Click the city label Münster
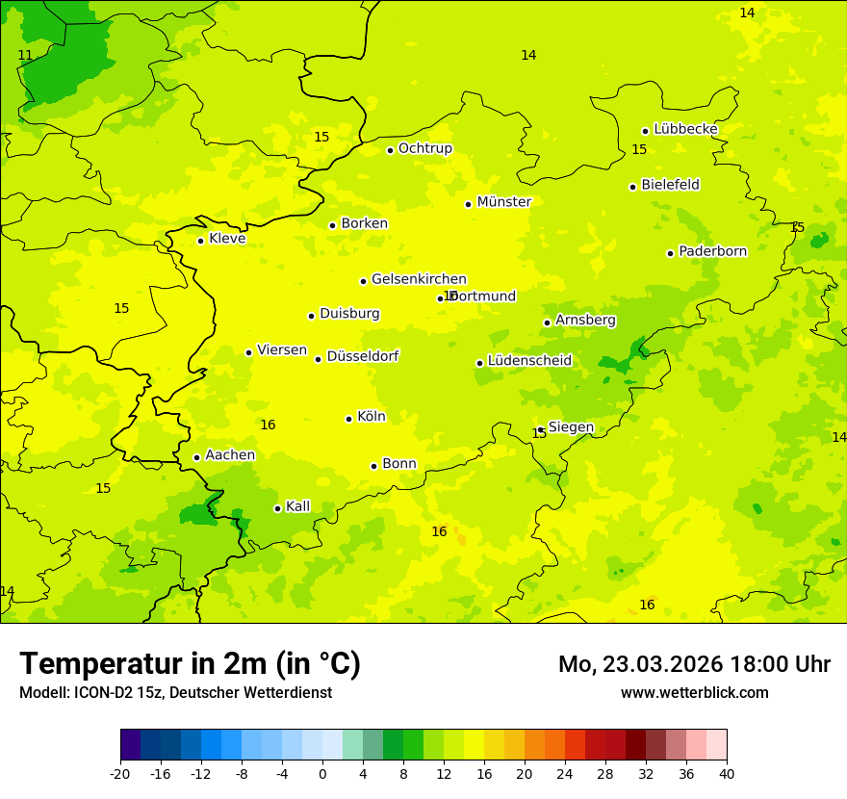pyautogui.click(x=503, y=202)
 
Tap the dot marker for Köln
pyautogui.click(x=348, y=419)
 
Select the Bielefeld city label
pyautogui.click(x=670, y=185)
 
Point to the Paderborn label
pyautogui.click(x=712, y=251)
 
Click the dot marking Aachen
pyautogui.click(x=196, y=457)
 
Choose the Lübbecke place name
pyautogui.click(x=685, y=129)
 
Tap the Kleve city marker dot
pyautogui.click(x=200, y=241)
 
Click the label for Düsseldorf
pyautogui.click(x=362, y=356)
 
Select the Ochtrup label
pyautogui.click(x=424, y=148)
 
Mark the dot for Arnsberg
pyautogui.click(x=547, y=322)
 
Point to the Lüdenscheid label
pyautogui.click(x=529, y=361)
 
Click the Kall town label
pyautogui.click(x=297, y=506)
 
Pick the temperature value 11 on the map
pyautogui.click(x=25, y=56)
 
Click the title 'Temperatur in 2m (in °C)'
pyautogui.click(x=190, y=664)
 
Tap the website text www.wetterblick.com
pyautogui.click(x=694, y=692)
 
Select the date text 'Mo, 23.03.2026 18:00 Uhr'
pyautogui.click(x=694, y=664)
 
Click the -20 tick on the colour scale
pyautogui.click(x=120, y=773)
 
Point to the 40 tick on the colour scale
pyautogui.click(x=727, y=773)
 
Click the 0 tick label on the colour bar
pyautogui.click(x=322, y=773)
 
